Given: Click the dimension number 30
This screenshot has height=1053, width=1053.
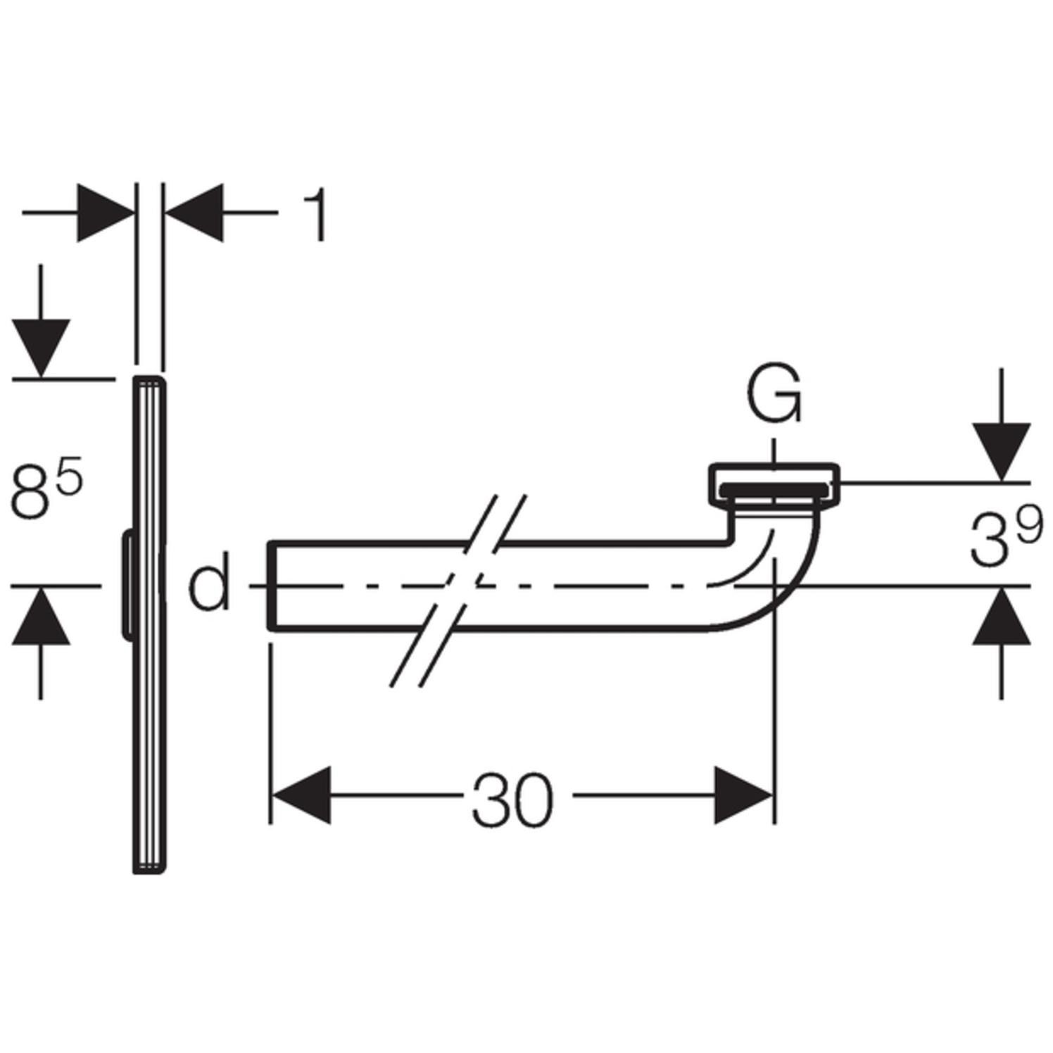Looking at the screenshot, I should tap(512, 800).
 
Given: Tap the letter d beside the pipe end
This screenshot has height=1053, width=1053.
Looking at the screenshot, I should tap(209, 581).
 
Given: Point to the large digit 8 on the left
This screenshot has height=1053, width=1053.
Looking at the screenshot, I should tap(34, 494).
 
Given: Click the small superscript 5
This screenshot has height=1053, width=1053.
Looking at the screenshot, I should tap(70, 477).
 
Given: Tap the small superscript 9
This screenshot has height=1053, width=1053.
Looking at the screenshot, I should tap(1028, 527).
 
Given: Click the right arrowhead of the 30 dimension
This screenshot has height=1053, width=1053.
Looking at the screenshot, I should tap(743, 795).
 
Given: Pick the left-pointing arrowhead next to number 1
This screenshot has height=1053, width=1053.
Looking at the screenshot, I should tap(194, 212).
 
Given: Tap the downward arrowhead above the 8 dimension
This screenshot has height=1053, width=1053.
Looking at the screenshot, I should tap(40, 348).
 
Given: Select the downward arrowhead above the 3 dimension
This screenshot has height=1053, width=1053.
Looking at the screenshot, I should tap(1001, 451).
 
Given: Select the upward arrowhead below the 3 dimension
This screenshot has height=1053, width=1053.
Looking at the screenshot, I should tap(1001, 617).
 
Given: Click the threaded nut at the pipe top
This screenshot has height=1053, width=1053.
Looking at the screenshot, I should tap(773, 484).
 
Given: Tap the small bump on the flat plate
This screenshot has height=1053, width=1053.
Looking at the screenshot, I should tap(127, 585).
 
